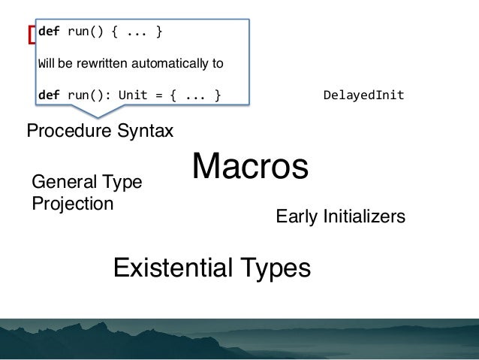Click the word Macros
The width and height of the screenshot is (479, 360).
250,167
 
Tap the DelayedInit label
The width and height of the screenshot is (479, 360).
363,95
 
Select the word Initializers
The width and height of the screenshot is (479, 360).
364,217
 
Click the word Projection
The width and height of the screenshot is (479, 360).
73,204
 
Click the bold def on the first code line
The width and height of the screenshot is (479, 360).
48,32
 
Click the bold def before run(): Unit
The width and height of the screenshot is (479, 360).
48,95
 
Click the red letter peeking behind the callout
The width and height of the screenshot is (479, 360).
32,35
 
